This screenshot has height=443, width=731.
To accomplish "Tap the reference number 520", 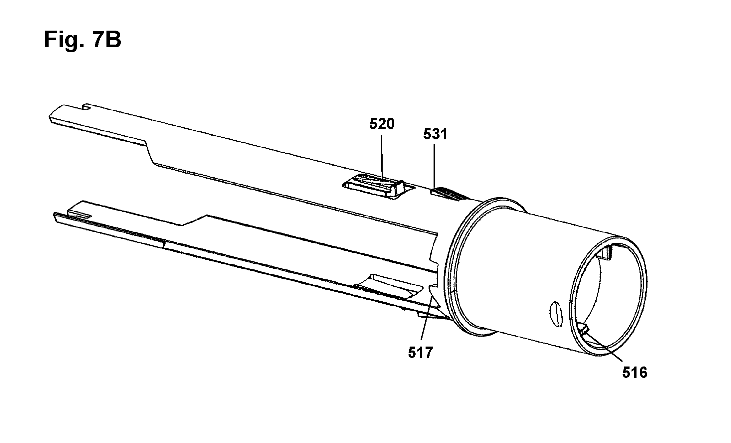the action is (x=382, y=124).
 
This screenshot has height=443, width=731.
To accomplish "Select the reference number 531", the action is (x=436, y=134).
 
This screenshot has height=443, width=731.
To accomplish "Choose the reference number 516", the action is (x=635, y=373).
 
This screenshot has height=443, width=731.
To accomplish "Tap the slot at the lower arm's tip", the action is (x=80, y=216).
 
